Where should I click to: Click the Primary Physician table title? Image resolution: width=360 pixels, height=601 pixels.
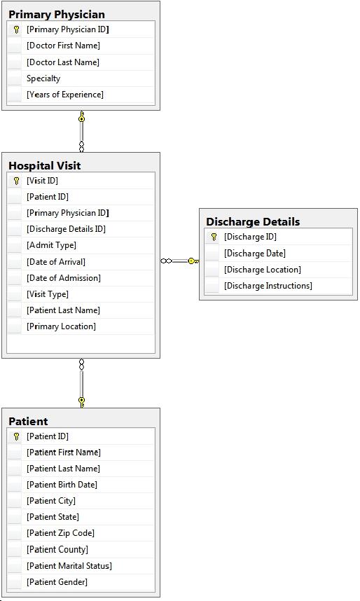[57, 14]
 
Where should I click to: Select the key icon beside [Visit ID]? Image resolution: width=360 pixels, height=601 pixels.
[16, 181]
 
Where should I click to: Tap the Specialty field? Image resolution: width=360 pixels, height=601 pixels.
[43, 78]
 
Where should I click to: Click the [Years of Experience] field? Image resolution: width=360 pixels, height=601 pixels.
[65, 95]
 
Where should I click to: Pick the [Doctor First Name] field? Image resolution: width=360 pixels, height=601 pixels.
[63, 46]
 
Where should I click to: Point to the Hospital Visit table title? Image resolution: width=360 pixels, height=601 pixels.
[44, 165]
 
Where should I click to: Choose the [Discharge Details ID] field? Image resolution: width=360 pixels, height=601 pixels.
[66, 229]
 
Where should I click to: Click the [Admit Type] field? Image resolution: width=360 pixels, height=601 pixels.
[51, 245]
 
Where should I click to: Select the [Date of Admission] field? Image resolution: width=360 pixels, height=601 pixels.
[64, 278]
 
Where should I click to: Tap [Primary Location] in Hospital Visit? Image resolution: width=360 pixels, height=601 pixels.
[62, 326]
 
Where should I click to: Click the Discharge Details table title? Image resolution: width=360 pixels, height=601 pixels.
[253, 221]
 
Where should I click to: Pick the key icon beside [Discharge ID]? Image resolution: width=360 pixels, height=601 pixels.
[214, 237]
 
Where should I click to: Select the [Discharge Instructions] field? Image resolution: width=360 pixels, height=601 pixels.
[268, 286]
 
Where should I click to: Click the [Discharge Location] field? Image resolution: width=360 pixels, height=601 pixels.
[263, 270]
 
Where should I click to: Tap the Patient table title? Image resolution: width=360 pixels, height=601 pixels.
[29, 421]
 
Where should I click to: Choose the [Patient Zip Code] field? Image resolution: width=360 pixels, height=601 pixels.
[60, 533]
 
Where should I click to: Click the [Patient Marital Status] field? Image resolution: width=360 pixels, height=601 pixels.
[69, 566]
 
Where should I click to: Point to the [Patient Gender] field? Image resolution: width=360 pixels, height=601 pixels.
[57, 582]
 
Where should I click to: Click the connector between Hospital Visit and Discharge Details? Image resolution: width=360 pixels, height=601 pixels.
[180, 261]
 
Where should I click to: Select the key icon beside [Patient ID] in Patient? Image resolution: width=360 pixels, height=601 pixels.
[16, 436]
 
